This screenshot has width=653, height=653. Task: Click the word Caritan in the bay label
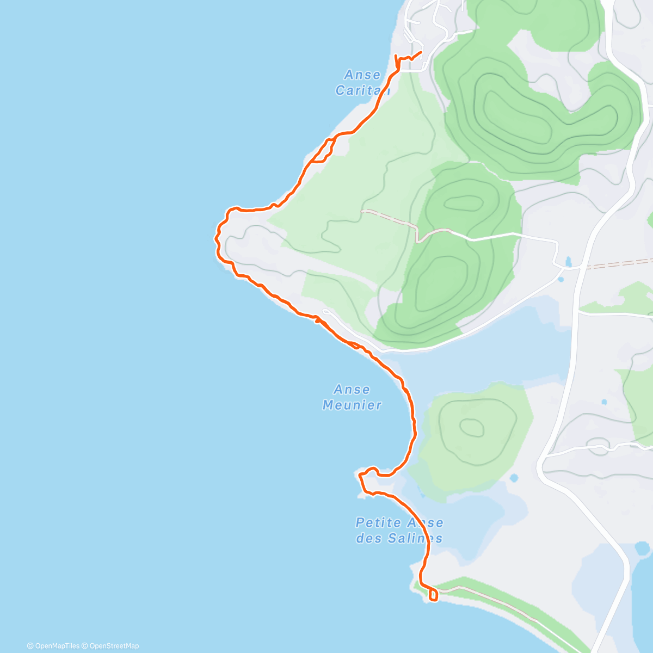[362, 90]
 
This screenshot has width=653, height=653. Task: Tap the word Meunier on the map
[352, 405]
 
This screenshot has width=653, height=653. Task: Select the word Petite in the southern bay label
[378, 523]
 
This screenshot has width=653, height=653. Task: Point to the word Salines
[415, 538]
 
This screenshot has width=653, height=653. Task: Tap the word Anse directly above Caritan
[362, 75]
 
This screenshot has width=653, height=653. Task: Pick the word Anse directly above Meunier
[352, 390]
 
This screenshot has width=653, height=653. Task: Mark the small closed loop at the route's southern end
[433, 595]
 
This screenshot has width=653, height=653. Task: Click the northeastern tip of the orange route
[422, 52]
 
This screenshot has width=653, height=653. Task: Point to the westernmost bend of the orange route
[217, 237]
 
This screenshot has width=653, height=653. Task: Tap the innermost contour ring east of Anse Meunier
[472, 428]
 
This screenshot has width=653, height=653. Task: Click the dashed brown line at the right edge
[620, 264]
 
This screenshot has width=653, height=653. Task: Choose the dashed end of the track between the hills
[364, 210]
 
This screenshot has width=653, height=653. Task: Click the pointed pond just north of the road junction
[569, 261]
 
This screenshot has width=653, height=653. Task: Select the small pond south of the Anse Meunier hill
[514, 479]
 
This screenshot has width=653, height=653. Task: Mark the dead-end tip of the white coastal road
[324, 311]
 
